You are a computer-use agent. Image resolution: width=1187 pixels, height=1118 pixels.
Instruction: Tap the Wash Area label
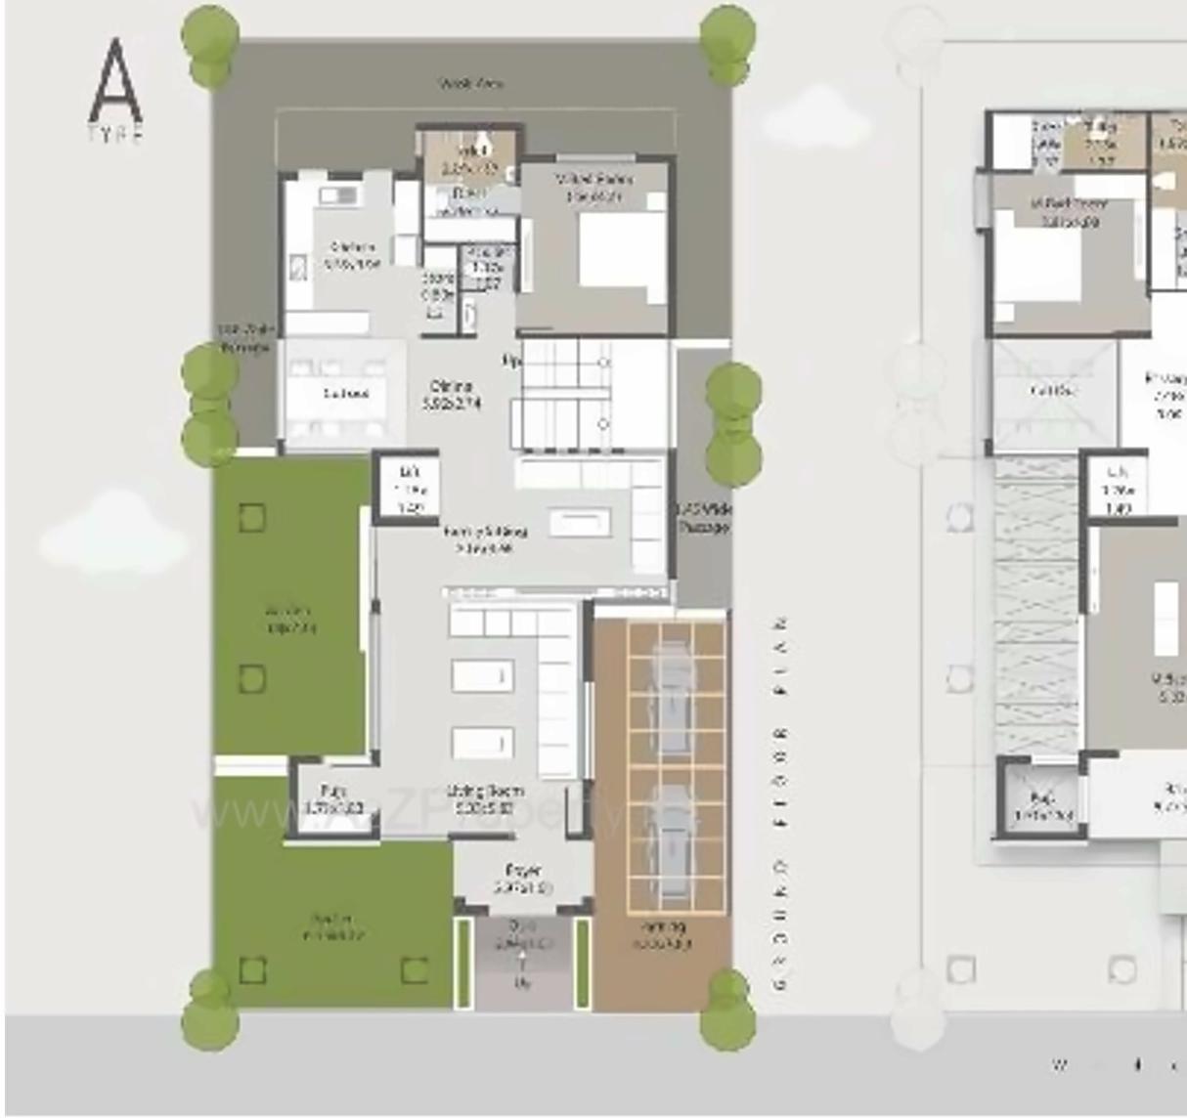(471, 85)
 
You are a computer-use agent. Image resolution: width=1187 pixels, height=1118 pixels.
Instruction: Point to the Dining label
(451, 394)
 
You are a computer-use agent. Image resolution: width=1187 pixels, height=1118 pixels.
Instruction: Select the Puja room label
(333, 799)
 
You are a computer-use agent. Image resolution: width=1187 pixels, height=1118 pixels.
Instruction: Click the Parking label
(662, 934)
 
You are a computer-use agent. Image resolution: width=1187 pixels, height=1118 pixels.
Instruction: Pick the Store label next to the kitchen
(437, 286)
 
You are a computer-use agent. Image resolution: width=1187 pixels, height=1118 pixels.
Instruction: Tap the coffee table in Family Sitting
(580, 523)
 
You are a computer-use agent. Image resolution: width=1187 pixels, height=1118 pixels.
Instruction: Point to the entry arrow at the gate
(522, 967)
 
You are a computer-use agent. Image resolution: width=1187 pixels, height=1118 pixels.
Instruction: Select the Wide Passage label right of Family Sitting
(703, 519)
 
